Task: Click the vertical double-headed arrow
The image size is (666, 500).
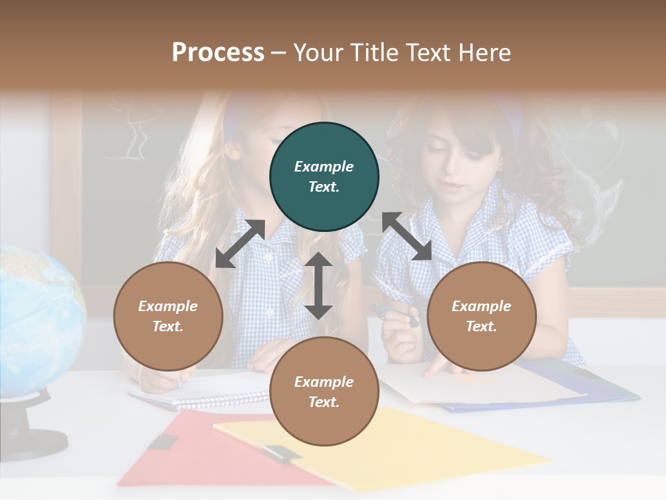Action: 318,285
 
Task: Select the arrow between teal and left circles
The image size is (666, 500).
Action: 240,244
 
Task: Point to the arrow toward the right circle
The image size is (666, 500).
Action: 407,236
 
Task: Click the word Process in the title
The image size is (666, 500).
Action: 218,53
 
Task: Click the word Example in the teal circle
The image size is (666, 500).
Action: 324,167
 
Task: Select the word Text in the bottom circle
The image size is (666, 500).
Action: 324,402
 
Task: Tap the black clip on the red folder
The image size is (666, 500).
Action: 162,442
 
